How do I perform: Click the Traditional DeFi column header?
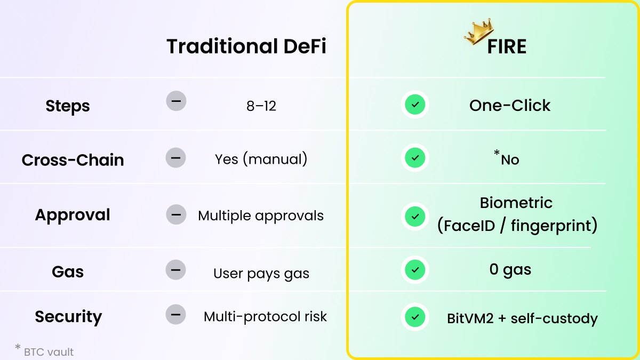[x=246, y=47]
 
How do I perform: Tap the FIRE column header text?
[x=506, y=47]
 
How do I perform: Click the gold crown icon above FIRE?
[x=478, y=31]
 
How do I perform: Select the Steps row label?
[x=68, y=106]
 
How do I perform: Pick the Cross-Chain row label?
[x=73, y=160]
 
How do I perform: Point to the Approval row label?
[x=73, y=215]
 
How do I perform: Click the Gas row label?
[x=68, y=271]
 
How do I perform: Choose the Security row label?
[x=68, y=317]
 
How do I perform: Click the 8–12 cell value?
[x=261, y=106]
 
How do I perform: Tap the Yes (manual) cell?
[x=261, y=159]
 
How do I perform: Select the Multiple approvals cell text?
[x=261, y=215]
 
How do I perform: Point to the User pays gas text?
[x=261, y=274]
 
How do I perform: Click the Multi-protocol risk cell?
[x=265, y=316]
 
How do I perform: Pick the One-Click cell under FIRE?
[x=510, y=105]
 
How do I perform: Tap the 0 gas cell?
[x=510, y=269]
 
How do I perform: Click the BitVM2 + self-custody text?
[x=522, y=319]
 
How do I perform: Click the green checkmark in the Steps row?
[x=414, y=105]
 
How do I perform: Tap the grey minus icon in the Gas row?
[x=175, y=270]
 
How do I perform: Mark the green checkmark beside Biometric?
[x=414, y=216]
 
